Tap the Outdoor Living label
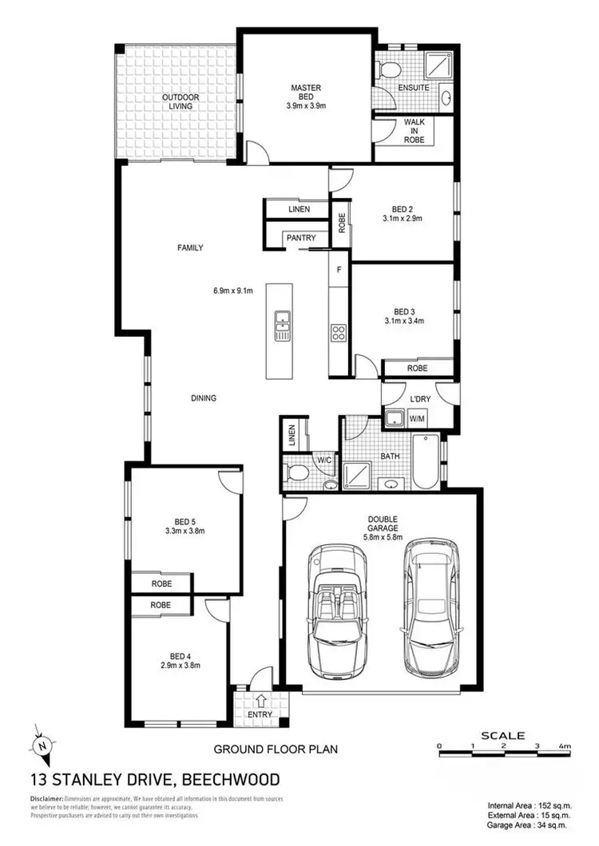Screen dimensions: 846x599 (x=180, y=102)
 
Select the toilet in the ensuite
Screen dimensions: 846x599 (x=388, y=68)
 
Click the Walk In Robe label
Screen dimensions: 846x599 (x=413, y=132)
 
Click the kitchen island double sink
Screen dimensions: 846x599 (x=282, y=326)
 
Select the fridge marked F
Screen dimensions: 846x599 (x=339, y=270)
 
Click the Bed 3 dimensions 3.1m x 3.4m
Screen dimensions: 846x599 (x=403, y=322)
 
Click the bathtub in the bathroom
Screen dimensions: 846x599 (x=426, y=463)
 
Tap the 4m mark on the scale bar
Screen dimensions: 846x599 (x=565, y=745)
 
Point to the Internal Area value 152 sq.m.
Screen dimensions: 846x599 (x=551, y=804)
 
